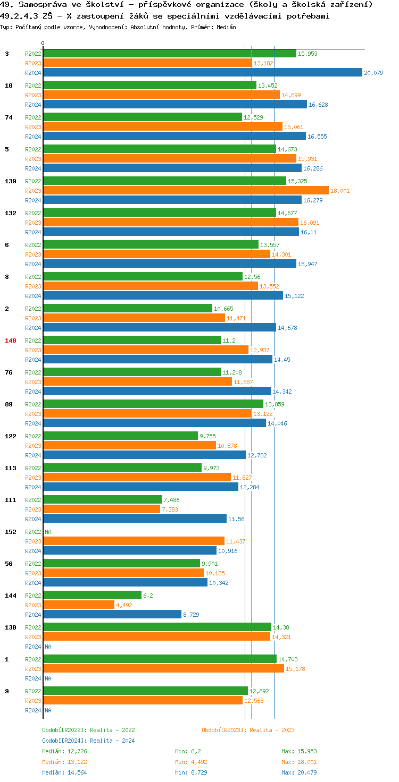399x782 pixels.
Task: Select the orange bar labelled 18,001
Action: [186, 191]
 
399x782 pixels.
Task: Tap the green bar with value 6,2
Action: [92, 596]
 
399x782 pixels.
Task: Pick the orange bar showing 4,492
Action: [79, 605]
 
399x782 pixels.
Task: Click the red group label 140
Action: [11, 341]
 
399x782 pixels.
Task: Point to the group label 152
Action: [11, 532]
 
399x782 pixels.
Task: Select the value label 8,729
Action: [192, 615]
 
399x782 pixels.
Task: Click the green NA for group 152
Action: [48, 532]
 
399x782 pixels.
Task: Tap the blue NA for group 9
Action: [48, 710]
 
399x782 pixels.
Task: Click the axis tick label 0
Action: [43, 44]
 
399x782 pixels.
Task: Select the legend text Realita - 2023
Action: [272, 730]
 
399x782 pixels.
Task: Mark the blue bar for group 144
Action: [112, 615]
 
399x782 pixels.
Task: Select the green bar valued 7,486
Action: [102, 500]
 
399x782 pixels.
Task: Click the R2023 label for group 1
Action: [33, 669]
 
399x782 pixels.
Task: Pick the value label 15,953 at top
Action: [308, 54]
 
